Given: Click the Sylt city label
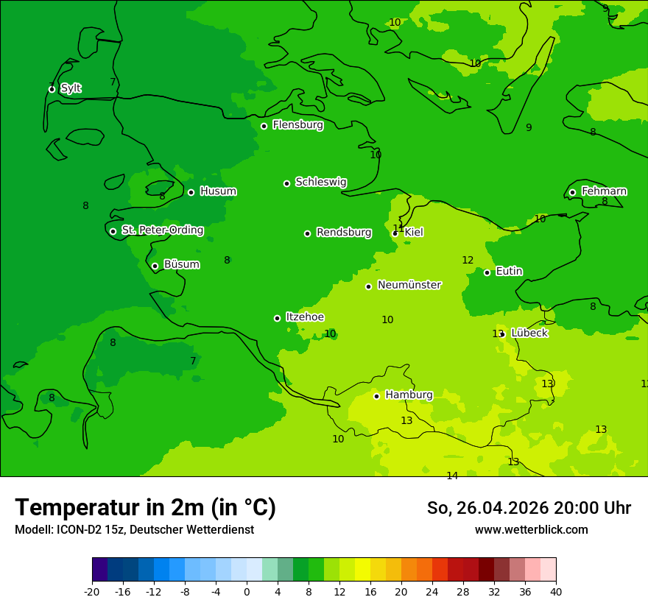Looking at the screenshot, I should coord(71,88).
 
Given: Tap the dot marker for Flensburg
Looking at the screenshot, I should coord(264,126).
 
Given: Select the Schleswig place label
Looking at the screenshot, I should coord(320,182).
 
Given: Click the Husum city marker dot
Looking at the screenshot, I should coord(191,192).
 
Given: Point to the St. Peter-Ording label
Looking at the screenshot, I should coord(162,230).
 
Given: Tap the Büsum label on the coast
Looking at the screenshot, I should coord(181,264).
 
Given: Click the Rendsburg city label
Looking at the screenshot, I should coord(343,233).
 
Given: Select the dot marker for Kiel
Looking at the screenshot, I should coord(395,233).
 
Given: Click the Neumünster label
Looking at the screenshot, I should coord(409,285).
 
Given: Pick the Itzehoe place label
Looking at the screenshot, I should coord(305,317).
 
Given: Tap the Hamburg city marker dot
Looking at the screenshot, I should coord(376,396).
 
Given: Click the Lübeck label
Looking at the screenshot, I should coord(529,333).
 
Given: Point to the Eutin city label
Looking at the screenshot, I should coord(509,272).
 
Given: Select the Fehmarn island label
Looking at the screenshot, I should coord(604,191).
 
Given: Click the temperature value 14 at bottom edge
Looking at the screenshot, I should coord(452,476).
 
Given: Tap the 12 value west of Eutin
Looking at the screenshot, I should coord(468,260).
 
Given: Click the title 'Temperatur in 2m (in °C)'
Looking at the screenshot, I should coord(145,507).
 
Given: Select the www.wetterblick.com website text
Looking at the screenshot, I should coord(531,530).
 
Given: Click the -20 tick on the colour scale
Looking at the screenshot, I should coord(92,592).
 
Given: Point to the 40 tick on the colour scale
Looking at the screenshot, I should coord(556,592).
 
